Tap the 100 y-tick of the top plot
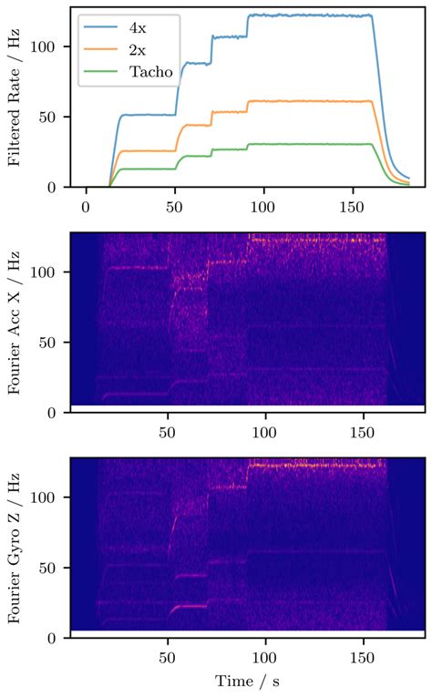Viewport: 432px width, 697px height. (x=46, y=47)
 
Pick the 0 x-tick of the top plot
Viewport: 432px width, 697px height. (x=86, y=205)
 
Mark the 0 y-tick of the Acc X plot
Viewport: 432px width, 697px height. (x=54, y=412)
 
